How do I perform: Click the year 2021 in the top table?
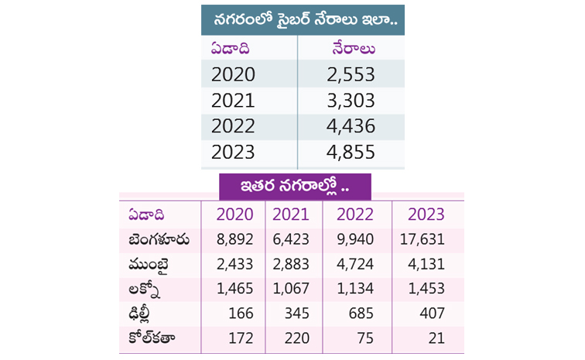pos(233,101)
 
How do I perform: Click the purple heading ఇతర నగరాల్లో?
pos(294,187)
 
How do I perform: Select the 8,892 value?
pos(234,240)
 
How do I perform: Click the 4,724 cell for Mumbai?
pos(357,265)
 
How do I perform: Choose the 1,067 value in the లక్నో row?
pos(291,290)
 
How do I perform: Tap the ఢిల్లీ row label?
pos(141,314)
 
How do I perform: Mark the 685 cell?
pos(363,314)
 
